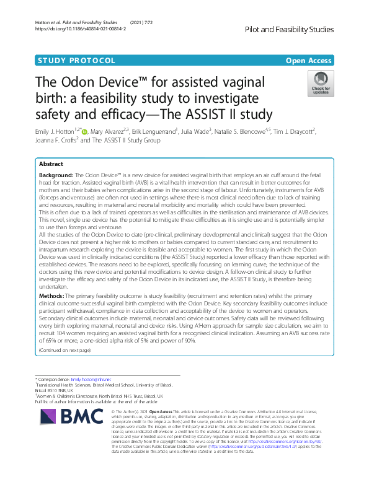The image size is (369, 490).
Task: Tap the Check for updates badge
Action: click(320, 84)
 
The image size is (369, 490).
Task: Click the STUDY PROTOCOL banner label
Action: click(77, 61)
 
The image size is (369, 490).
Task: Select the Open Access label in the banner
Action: click(309, 61)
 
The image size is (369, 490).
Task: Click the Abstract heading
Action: click(51, 165)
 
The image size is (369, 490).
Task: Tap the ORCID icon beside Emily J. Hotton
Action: click(84, 131)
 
